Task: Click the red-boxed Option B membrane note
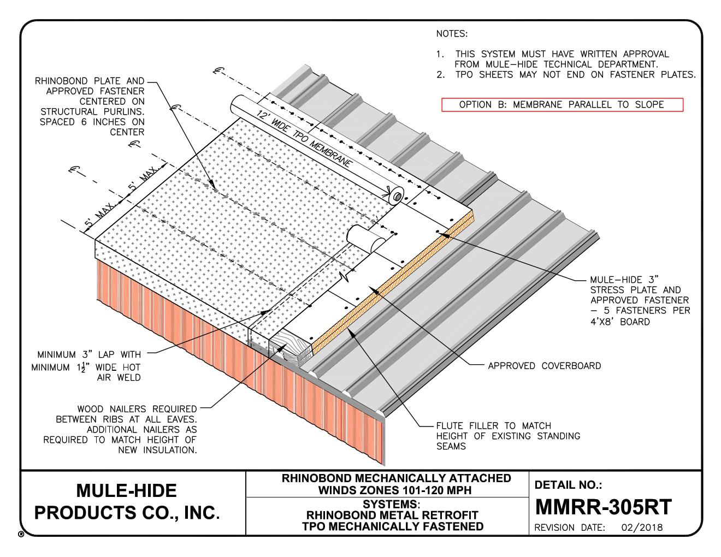coord(562,104)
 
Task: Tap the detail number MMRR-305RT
coord(603,507)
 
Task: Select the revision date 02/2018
coord(642,528)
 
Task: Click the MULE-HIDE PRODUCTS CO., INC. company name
coord(127,501)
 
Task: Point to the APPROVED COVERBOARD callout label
coord(544,366)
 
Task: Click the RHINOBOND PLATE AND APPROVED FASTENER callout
coord(90,106)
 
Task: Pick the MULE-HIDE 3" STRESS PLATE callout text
coord(640,300)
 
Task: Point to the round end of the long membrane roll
coord(397,195)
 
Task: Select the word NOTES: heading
coord(452,34)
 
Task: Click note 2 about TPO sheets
coord(566,74)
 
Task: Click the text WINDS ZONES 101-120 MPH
coord(394,490)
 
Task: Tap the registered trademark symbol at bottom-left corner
coord(21,534)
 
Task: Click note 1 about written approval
coord(553,59)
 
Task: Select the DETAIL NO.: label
coord(568,484)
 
